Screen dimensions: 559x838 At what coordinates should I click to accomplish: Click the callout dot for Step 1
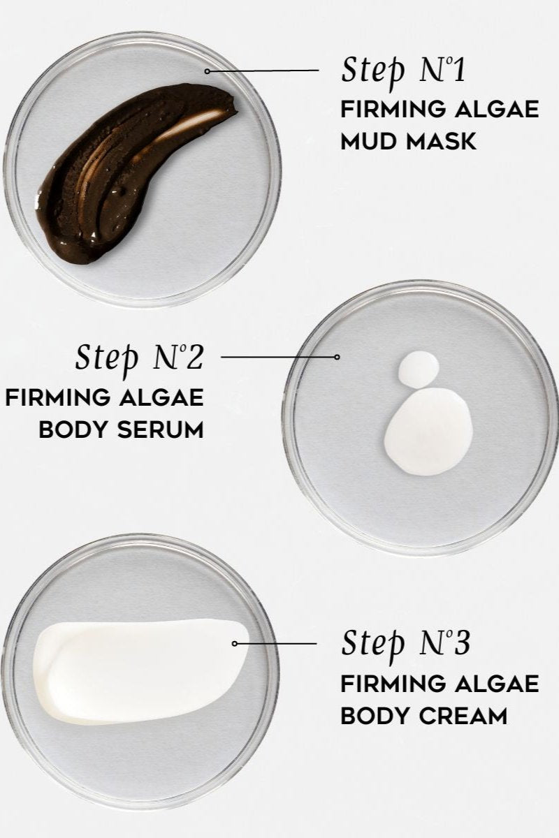[207, 71]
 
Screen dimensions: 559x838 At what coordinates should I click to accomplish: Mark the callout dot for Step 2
[337, 357]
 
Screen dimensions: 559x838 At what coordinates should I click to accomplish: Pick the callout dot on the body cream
[235, 643]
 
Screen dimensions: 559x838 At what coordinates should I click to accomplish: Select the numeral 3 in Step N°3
[462, 643]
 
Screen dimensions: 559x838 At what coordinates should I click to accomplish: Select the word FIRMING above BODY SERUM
[57, 397]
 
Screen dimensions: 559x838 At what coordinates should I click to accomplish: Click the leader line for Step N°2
[278, 357]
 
